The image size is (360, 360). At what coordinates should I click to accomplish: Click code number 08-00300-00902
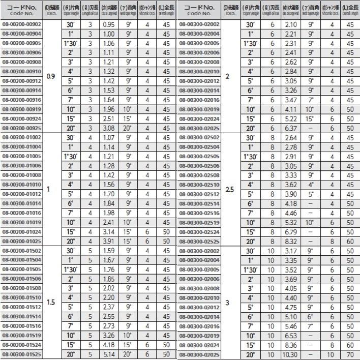click(x=22, y=25)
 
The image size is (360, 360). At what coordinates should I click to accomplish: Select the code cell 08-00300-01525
click(x=22, y=354)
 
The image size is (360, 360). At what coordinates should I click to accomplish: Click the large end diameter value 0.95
click(x=108, y=25)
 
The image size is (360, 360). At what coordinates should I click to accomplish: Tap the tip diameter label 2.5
click(x=230, y=190)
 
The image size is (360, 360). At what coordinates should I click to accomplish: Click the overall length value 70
click(x=349, y=354)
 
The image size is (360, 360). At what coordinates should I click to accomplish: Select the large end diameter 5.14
click(x=108, y=354)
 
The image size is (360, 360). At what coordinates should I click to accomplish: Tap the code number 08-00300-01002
click(x=22, y=138)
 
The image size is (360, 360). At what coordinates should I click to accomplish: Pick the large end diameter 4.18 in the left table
click(x=108, y=345)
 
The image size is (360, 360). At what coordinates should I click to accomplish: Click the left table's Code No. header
click(x=22, y=10)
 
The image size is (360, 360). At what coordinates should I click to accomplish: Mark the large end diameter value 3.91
click(x=108, y=241)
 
